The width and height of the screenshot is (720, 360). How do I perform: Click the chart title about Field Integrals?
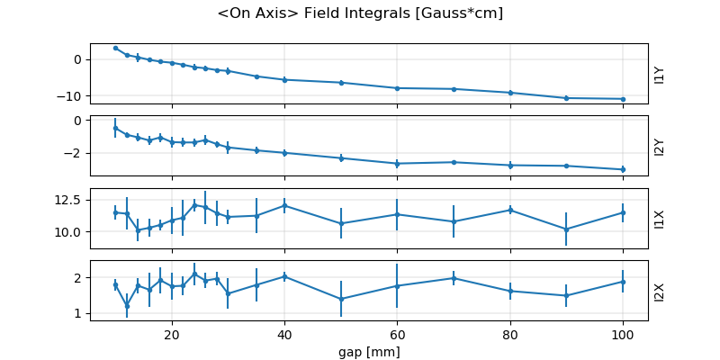(360, 13)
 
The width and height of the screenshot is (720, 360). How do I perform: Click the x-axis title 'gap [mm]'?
(369, 351)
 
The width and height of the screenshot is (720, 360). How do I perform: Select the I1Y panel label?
(660, 75)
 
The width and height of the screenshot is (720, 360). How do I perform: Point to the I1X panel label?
(660, 219)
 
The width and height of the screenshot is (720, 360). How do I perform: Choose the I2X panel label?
(660, 291)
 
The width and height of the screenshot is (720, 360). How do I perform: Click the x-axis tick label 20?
(172, 334)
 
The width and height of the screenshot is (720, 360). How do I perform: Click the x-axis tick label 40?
(284, 334)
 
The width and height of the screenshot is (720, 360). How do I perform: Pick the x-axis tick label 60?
(397, 334)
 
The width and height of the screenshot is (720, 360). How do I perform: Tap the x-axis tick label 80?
(509, 334)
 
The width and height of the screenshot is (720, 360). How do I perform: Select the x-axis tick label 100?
(622, 334)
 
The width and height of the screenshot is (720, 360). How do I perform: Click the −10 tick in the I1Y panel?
(72, 95)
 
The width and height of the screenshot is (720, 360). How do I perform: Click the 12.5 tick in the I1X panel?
(69, 199)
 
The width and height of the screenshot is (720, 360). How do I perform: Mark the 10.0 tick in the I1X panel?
(69, 231)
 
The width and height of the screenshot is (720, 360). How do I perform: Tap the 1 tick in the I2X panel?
(79, 313)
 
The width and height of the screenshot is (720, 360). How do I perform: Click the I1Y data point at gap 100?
(622, 99)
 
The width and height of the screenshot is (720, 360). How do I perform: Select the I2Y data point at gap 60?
(397, 164)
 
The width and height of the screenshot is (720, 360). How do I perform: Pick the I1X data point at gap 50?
(341, 223)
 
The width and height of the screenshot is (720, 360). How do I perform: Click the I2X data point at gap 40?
(284, 276)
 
